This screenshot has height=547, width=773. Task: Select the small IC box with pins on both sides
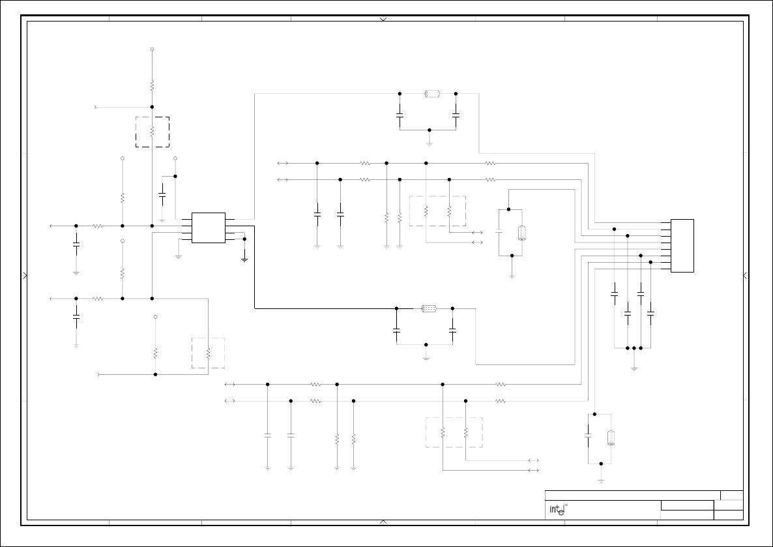pos(209,228)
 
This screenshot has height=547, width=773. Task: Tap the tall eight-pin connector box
pos(682,246)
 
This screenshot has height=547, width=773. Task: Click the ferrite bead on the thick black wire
pos(428,308)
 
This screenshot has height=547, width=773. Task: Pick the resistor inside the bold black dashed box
pos(152,132)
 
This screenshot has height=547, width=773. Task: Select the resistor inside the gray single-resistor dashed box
pos(208,353)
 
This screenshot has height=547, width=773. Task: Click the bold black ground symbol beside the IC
pos(244,259)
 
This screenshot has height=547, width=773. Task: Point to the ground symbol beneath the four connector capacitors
pos(634,369)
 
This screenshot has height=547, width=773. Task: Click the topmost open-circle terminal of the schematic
pos(152,49)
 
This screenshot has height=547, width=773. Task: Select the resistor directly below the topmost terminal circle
pos(152,85)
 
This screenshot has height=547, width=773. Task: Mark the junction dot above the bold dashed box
pos(152,106)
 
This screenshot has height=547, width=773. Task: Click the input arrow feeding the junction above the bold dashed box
pos(97,106)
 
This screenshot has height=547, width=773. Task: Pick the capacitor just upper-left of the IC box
pos(162,194)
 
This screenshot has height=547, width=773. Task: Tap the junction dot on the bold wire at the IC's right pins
pos(244,239)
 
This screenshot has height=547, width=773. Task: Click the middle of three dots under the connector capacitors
pos(634,348)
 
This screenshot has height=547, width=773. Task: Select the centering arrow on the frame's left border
pos(25,276)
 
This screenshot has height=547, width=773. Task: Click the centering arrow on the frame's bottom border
pos(383,522)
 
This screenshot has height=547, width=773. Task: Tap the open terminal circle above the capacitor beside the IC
pos(175,158)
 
